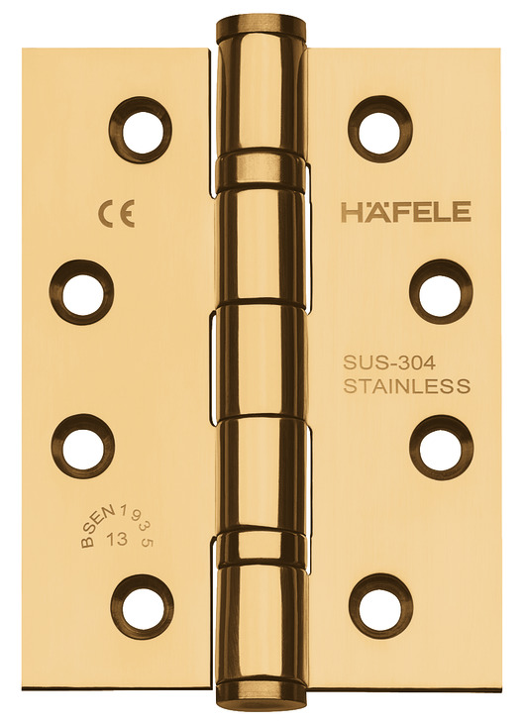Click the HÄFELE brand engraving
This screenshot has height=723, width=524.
click(406, 212)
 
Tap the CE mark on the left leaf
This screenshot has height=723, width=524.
click(116, 215)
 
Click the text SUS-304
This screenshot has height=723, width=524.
click(389, 363)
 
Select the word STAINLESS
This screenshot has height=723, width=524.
click(407, 386)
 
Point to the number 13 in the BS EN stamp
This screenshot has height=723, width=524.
click(116, 538)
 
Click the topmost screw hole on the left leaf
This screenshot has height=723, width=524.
click(141, 126)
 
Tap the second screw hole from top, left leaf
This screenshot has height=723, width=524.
click(82, 292)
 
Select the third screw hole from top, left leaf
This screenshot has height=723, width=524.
click(82, 446)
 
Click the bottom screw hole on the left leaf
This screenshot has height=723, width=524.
click(142, 603)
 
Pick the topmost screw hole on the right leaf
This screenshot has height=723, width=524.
click(380, 126)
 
